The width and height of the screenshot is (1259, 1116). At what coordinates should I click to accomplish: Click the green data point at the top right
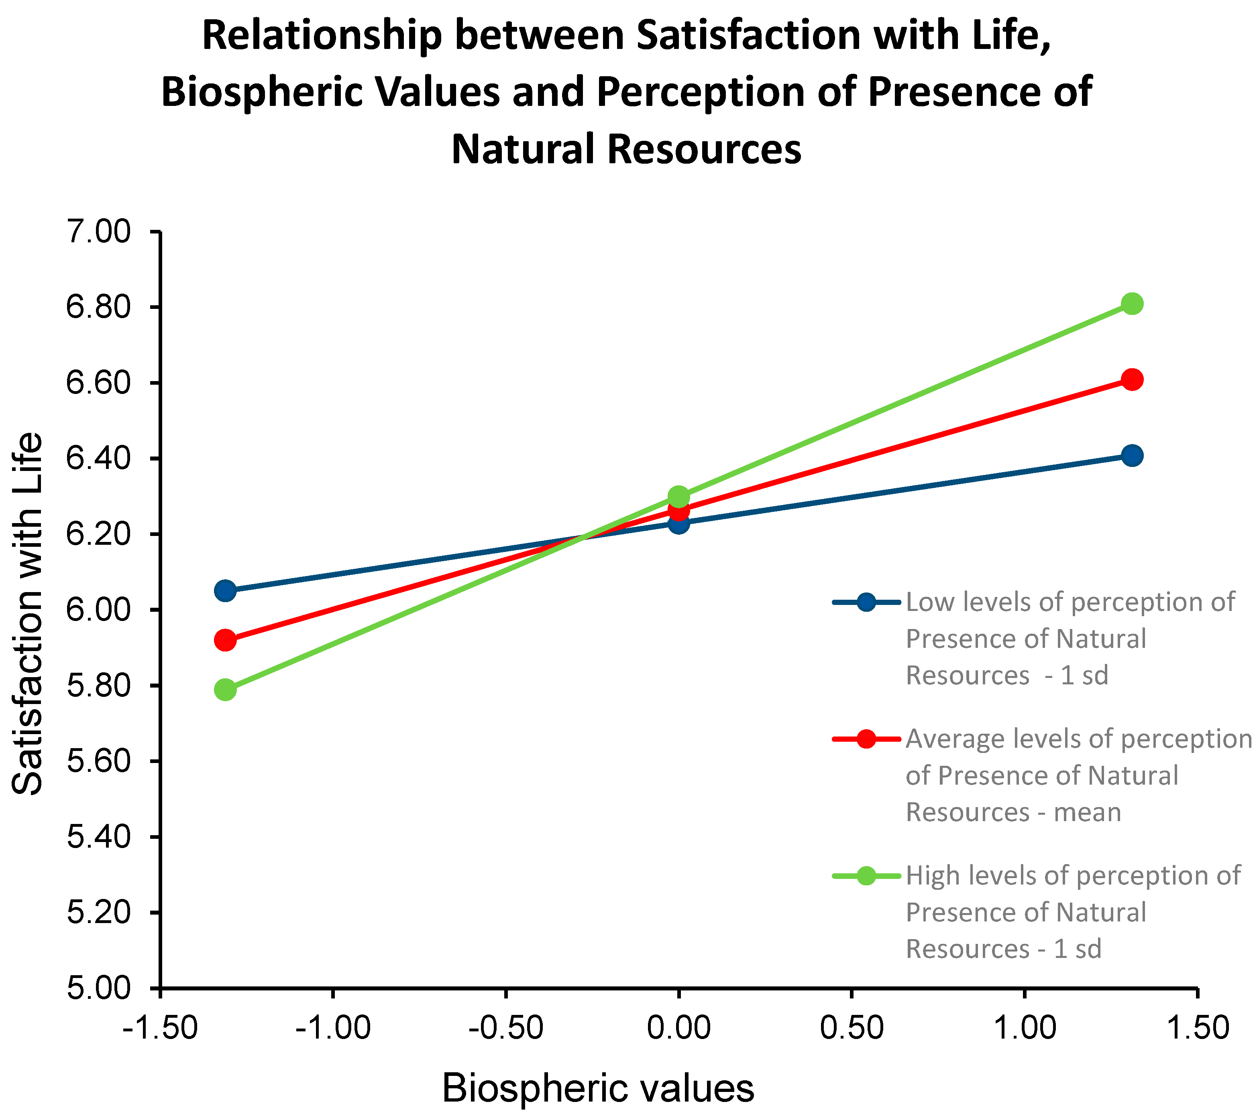[1131, 303]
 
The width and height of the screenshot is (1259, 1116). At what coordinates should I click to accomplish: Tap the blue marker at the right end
[1131, 456]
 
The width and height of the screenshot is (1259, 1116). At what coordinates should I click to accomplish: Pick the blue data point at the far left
[226, 591]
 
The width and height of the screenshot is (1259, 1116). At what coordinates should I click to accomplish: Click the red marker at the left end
[226, 640]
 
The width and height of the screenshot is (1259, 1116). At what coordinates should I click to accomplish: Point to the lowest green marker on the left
[226, 690]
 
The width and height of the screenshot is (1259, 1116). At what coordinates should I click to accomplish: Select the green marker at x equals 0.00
[678, 496]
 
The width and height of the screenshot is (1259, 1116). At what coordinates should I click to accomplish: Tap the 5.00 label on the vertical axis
[98, 988]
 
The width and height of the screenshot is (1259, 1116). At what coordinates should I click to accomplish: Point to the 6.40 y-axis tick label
[98, 459]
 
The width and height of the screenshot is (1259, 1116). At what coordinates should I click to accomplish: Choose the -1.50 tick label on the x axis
[160, 1028]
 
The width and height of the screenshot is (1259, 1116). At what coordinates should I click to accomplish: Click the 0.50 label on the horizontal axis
[851, 1028]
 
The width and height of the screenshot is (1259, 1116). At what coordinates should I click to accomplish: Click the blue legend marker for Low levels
[866, 602]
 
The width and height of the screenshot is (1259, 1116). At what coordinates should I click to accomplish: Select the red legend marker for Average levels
[866, 739]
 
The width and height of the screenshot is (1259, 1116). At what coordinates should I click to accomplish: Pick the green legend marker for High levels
[866, 875]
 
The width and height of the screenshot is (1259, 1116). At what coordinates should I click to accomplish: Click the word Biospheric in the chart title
[262, 92]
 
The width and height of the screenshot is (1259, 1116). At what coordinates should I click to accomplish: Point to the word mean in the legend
[1087, 813]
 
